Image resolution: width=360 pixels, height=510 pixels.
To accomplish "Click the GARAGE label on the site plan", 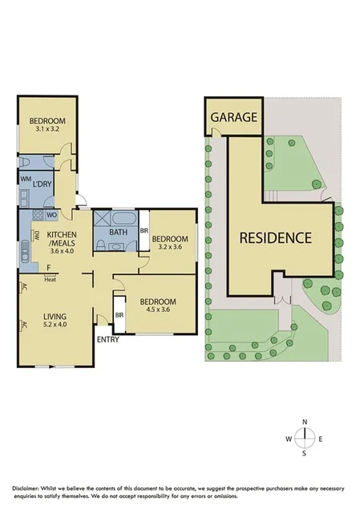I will point(234,117).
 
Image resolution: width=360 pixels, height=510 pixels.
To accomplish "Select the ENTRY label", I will point(107,340).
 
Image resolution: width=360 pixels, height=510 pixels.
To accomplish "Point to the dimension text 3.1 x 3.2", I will point(47,128).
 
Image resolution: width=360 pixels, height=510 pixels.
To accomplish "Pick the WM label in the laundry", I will point(25,179).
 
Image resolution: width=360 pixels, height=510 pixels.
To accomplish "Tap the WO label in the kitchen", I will point(51,216).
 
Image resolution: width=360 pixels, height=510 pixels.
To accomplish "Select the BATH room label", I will point(119,233).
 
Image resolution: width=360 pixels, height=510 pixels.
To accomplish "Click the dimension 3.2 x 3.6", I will point(170,249).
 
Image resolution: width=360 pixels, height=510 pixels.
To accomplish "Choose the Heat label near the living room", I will point(50,279).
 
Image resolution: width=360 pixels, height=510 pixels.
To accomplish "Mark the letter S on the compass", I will point(304,453).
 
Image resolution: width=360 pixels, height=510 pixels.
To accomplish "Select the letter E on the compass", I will point(321,438).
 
